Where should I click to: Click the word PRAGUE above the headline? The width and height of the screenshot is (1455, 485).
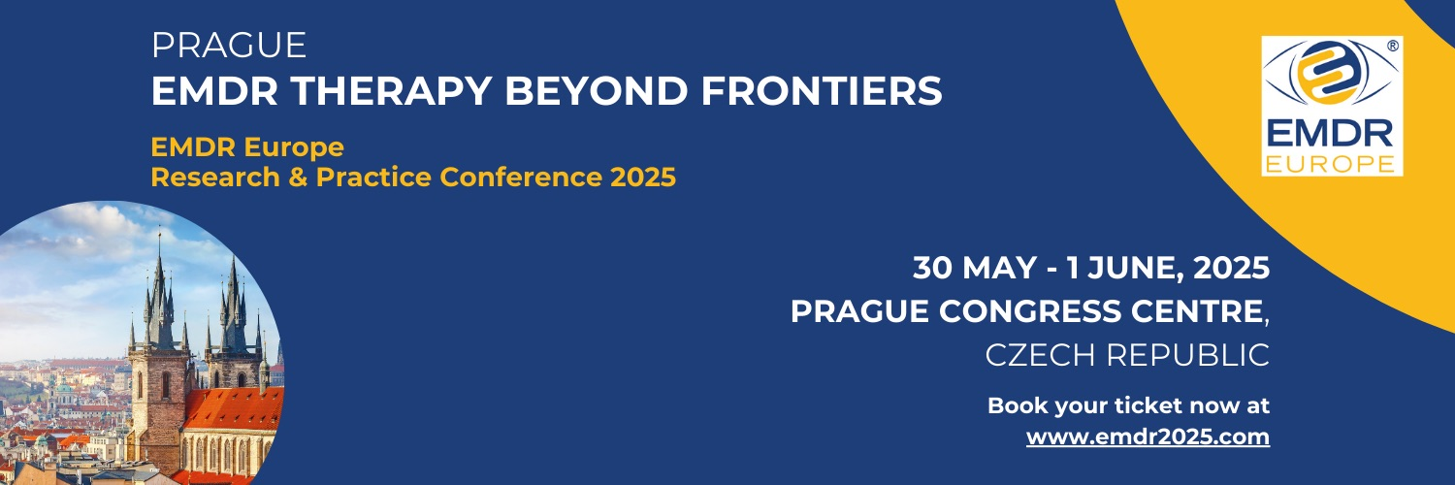[229, 46]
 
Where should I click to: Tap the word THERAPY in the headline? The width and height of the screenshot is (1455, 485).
[392, 90]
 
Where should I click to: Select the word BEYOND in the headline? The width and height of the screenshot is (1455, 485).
[597, 90]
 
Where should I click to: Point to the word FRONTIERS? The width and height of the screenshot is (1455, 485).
[822, 90]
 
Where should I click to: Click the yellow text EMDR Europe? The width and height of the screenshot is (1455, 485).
[247, 147]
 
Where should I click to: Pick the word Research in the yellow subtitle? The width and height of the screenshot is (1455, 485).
[215, 178]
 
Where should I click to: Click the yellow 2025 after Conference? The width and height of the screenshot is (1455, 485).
[643, 178]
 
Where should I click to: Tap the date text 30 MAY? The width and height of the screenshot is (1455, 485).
[974, 268]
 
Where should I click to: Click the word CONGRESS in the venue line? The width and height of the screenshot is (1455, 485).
[1030, 311]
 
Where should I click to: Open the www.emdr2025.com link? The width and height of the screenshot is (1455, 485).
[1148, 436]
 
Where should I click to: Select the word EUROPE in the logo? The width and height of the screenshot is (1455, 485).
[1330, 164]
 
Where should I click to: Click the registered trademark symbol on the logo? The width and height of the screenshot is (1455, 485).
[1393, 47]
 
